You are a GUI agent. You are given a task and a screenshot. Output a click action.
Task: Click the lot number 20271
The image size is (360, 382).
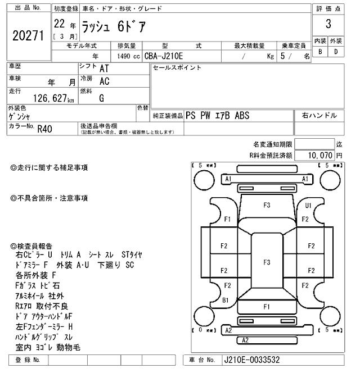(28, 36)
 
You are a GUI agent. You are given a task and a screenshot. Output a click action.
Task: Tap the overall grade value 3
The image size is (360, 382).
(328, 24)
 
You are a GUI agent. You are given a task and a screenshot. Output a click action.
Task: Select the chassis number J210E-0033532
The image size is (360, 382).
(252, 360)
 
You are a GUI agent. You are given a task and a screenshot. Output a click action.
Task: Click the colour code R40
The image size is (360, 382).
(44, 128)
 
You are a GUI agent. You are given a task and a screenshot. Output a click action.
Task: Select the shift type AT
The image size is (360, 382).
(104, 68)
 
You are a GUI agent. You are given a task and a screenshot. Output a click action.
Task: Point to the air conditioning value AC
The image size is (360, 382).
(104, 81)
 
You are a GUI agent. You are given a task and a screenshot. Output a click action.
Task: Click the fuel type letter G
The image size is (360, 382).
(102, 98)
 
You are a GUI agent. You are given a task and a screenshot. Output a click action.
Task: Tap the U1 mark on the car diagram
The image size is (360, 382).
(308, 206)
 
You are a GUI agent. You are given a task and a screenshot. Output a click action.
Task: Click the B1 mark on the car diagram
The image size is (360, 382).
(226, 301)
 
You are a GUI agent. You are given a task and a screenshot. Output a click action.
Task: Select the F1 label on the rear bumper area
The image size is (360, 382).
(267, 307)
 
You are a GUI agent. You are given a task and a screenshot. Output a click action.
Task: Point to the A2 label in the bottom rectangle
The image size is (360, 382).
(245, 340)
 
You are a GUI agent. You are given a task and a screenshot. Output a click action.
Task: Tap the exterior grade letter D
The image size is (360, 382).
(336, 52)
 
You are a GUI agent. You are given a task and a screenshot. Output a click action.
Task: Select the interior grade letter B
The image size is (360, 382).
(320, 52)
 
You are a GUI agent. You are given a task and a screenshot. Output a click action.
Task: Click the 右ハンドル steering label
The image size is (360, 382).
(319, 115)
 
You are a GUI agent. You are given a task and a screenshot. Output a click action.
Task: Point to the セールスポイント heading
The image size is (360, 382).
(177, 68)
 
